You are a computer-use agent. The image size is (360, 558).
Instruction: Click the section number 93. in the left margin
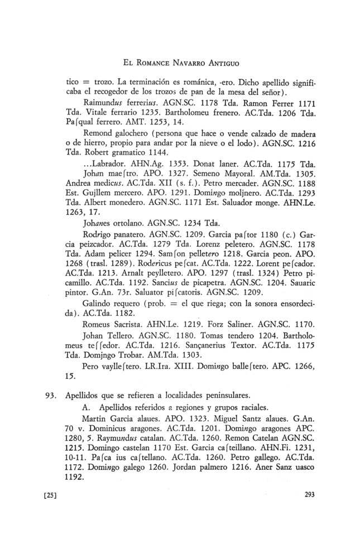pos(52,399)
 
